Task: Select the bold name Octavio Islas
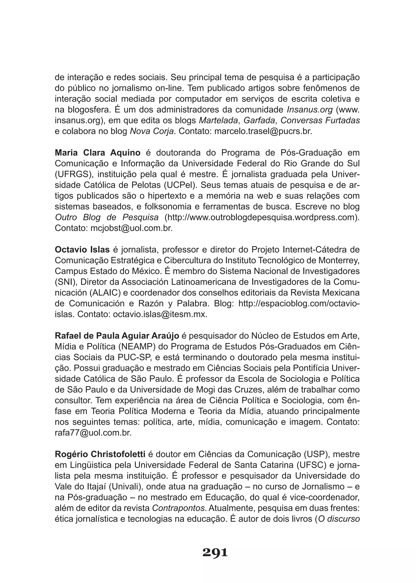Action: coord(82,249)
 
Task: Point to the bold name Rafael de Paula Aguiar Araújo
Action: coord(117,336)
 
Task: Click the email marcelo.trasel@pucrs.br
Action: coord(263,131)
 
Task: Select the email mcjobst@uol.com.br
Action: coord(131,228)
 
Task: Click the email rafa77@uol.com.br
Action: coord(93,433)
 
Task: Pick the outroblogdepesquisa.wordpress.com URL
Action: coord(261,218)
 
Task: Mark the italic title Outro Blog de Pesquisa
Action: coord(107,218)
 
